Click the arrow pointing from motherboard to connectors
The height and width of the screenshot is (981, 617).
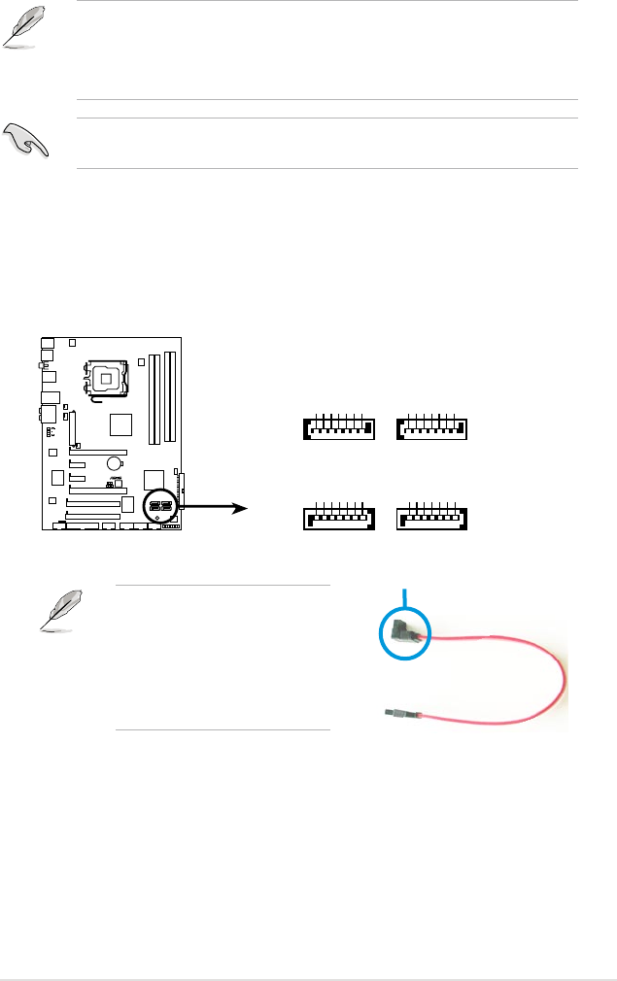coord(220,506)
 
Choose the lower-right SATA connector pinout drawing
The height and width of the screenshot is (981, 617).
coord(433,518)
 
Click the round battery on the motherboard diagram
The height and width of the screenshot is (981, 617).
coord(114,464)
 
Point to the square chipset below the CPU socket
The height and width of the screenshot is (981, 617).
coord(121,424)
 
